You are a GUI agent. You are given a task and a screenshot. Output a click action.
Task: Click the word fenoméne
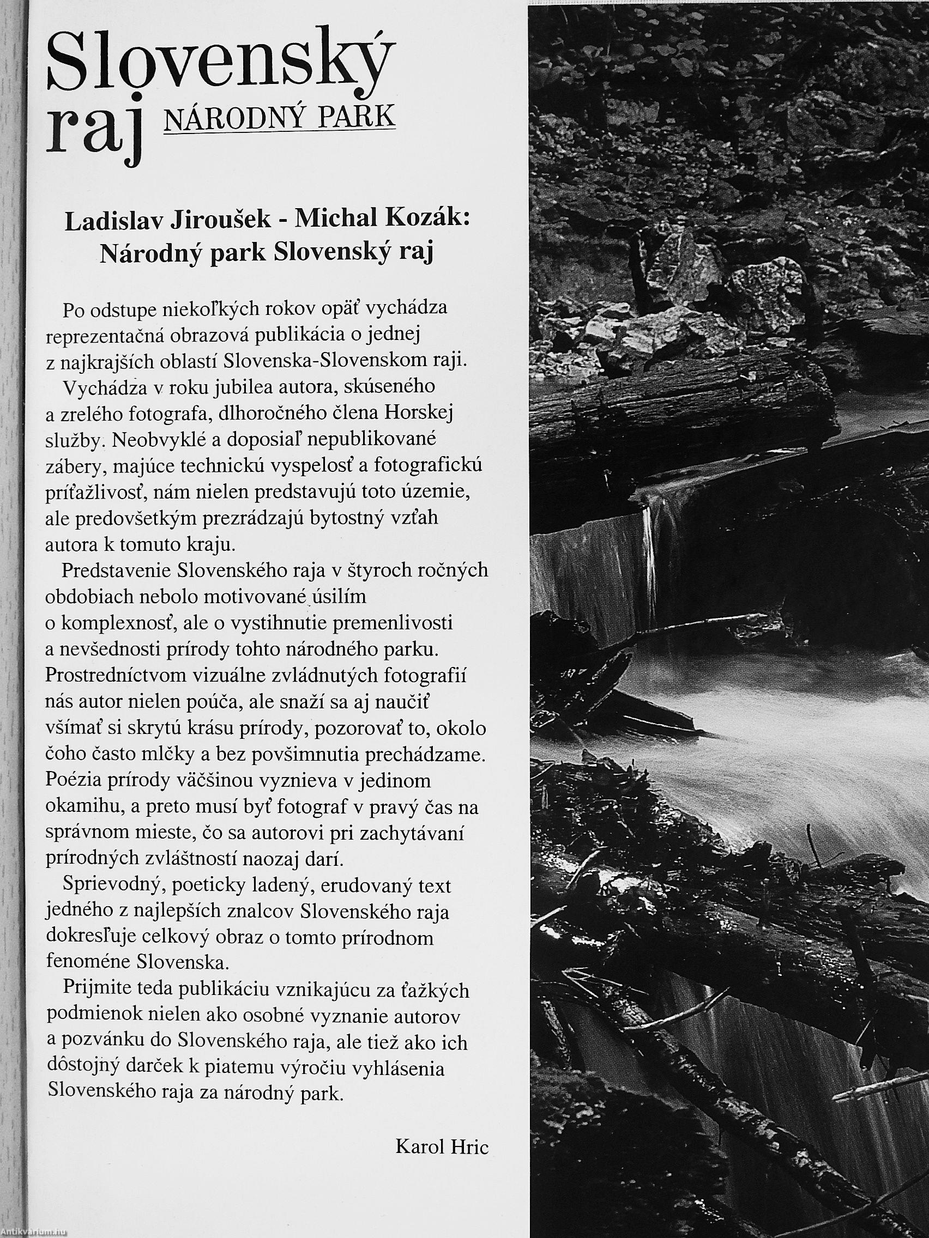[x=86, y=961]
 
